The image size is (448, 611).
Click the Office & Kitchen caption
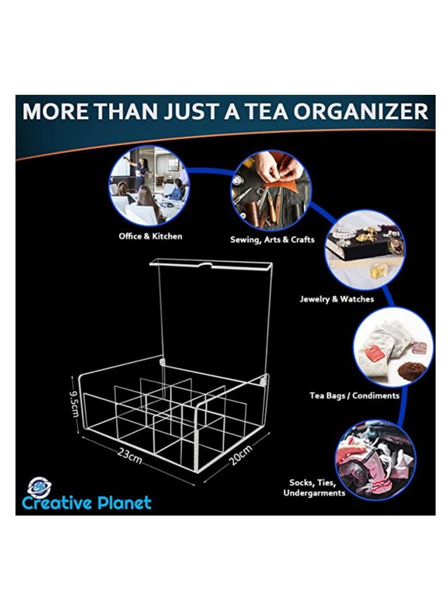coord(150,236)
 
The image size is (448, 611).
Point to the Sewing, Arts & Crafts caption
coord(272,240)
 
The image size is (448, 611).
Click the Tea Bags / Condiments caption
coord(354,395)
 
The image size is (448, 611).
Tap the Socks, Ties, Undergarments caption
coord(314,488)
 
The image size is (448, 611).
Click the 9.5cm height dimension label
coord(73,403)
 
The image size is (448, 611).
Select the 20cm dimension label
coord(241,456)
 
